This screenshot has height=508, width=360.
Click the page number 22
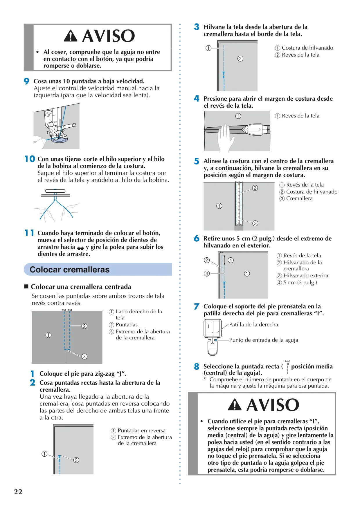(x=18, y=492)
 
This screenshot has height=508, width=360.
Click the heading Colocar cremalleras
(x=70, y=270)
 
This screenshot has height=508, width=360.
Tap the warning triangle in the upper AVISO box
(x=71, y=36)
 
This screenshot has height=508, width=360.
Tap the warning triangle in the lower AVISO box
(x=235, y=404)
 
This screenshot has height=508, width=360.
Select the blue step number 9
(x=26, y=81)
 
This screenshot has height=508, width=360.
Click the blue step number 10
(x=30, y=159)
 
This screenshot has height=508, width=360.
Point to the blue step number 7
(x=197, y=306)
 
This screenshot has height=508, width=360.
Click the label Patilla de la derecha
(x=253, y=325)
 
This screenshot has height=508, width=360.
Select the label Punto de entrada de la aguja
(x=264, y=340)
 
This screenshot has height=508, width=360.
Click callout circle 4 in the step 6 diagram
(x=231, y=260)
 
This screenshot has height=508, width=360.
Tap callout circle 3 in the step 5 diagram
(x=255, y=223)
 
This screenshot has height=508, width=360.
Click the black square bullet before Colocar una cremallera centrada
(x=26, y=287)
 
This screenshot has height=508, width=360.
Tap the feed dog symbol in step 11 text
(x=80, y=248)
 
